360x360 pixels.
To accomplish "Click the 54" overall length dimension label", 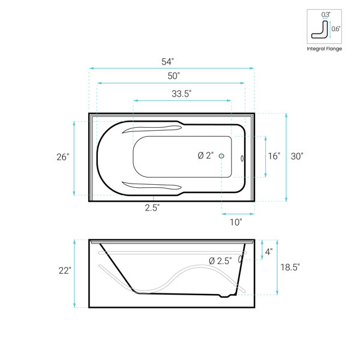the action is click(167, 62).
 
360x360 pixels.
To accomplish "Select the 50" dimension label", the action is click(173, 76).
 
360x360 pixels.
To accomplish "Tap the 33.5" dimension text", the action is click(182, 94).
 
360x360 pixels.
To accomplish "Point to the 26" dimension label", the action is click(63, 157).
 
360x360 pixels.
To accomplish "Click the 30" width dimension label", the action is click(297, 157).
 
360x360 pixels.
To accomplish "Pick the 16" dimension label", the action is click(274, 156).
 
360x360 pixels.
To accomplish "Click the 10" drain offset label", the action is click(236, 222).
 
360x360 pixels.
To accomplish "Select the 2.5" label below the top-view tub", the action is click(152, 208).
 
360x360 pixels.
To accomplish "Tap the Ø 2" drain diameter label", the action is click(206, 155).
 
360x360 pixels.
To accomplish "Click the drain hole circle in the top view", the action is click(221, 156).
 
